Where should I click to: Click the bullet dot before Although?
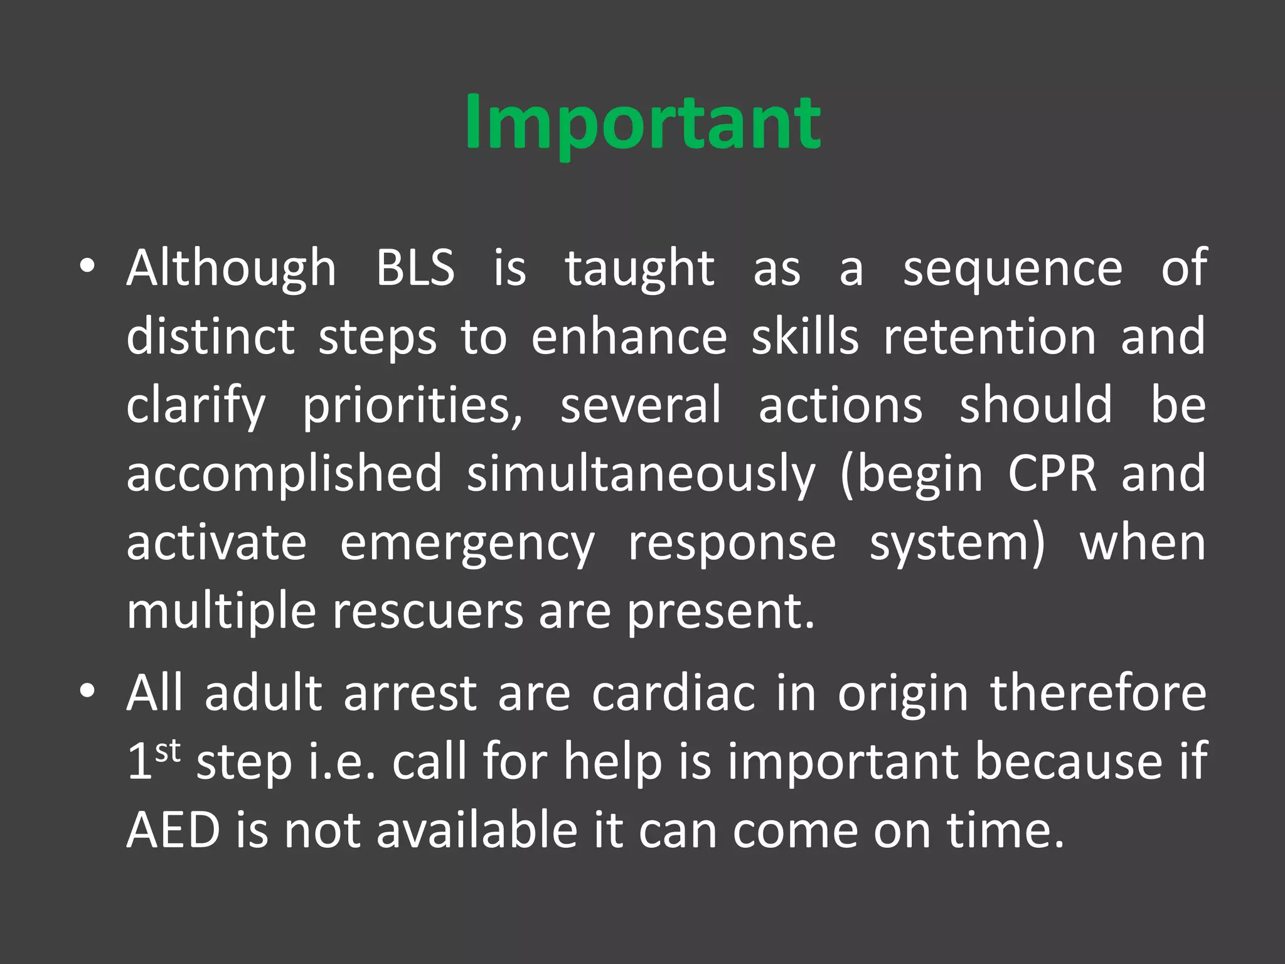pyautogui.click(x=87, y=267)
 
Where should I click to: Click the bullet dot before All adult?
pyautogui.click(x=87, y=692)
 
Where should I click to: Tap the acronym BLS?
pyautogui.click(x=415, y=269)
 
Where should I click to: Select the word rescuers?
pyautogui.click(x=427, y=611)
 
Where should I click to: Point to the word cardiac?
pyautogui.click(x=673, y=694)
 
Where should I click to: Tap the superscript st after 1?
pyautogui.click(x=168, y=751)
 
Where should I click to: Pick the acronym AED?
pyautogui.click(x=173, y=830)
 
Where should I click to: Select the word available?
pyautogui.click(x=476, y=830)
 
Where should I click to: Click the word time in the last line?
pyautogui.click(x=1004, y=830)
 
